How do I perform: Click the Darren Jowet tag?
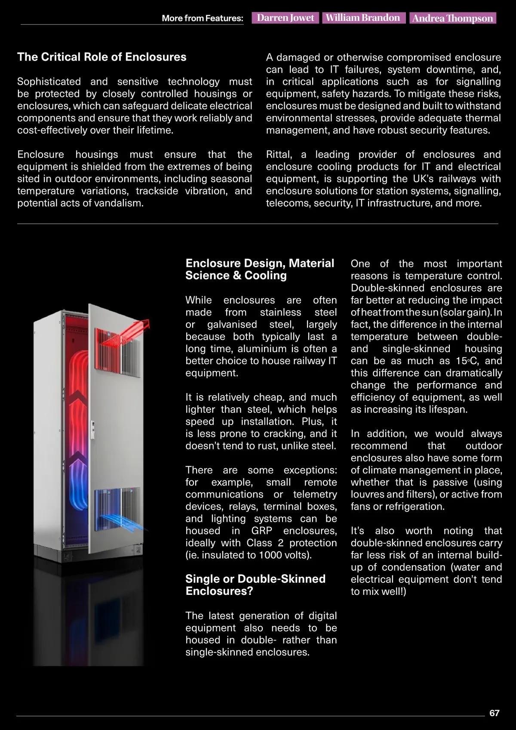(x=286, y=18)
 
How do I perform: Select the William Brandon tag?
(x=363, y=18)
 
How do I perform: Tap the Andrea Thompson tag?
(x=452, y=18)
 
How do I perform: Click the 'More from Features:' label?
(x=202, y=18)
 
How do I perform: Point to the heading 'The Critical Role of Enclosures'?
(x=102, y=57)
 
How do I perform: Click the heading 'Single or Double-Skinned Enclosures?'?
(x=255, y=585)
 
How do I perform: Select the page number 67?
(x=494, y=713)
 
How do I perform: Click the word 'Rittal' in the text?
(x=279, y=154)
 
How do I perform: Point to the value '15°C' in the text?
(x=467, y=361)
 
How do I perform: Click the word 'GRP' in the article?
(x=262, y=531)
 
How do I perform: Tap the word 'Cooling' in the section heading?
(x=265, y=275)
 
